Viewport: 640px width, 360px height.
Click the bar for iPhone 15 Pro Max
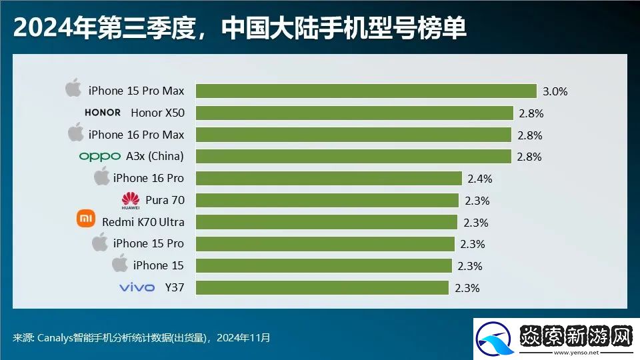point(366,91)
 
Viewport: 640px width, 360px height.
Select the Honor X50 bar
point(354,113)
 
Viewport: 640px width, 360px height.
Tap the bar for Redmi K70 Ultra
point(326,221)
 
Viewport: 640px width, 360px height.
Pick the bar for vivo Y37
point(322,287)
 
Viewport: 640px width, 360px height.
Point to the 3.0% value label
point(554,91)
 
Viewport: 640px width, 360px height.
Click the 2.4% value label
point(479,178)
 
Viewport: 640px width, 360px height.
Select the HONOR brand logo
point(103,113)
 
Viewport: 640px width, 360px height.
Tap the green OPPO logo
point(99,157)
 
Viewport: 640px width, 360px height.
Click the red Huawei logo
point(131,200)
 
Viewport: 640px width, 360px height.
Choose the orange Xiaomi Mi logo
point(87,219)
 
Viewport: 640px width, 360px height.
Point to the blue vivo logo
point(137,287)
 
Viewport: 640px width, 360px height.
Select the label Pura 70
point(165,200)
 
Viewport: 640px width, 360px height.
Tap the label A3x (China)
point(155,157)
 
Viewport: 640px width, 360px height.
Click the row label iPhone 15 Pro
point(149,243)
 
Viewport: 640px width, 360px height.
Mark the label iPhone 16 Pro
point(149,178)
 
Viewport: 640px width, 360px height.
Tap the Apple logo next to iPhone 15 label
point(120,263)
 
